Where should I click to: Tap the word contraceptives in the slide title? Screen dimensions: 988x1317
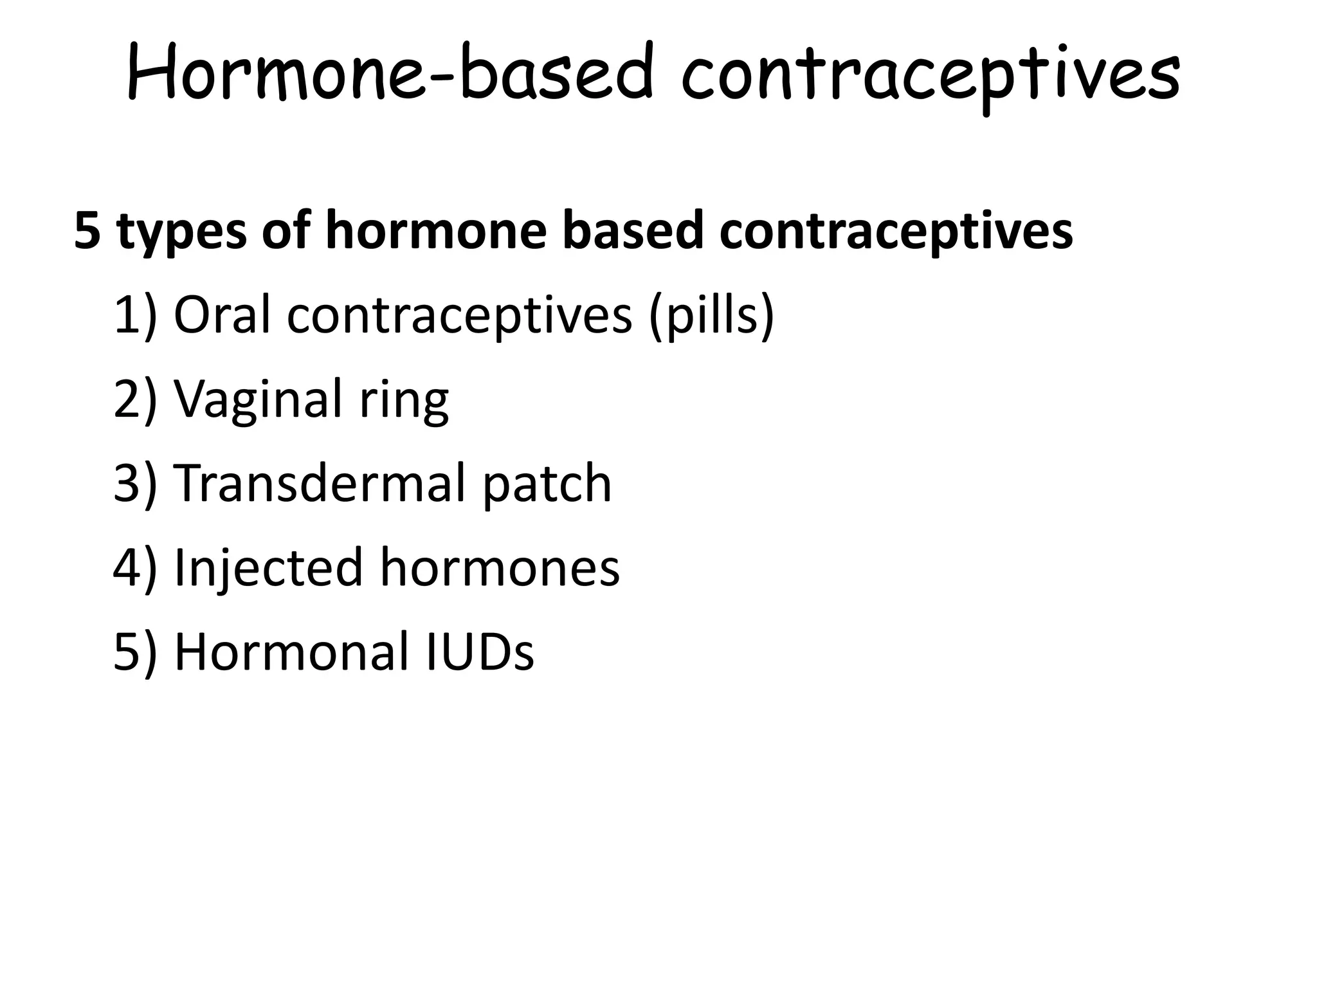click(930, 76)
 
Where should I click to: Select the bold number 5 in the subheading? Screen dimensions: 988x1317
click(87, 231)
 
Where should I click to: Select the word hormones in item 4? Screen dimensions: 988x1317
click(500, 567)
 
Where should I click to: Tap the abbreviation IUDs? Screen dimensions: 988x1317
click(480, 651)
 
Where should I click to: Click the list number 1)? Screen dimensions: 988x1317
click(135, 316)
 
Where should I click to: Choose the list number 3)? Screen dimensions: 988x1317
click(135, 484)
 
